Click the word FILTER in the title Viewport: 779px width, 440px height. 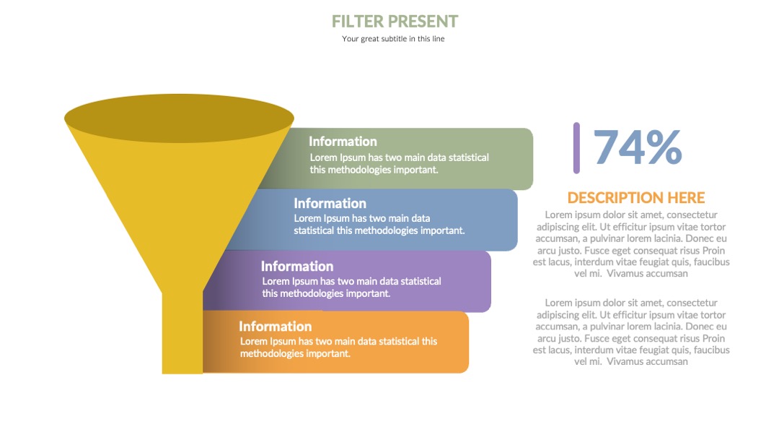pyautogui.click(x=358, y=22)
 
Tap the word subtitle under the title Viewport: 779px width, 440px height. pyautogui.click(x=394, y=39)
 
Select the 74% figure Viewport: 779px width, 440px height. pyautogui.click(x=638, y=147)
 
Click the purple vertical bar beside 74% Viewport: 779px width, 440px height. pyautogui.click(x=576, y=148)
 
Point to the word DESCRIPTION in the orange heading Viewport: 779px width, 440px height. pyautogui.click(x=615, y=197)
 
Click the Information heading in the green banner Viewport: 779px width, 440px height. pyautogui.click(x=343, y=142)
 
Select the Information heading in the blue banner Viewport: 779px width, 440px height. pyautogui.click(x=330, y=203)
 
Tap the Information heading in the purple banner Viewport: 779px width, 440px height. pyautogui.click(x=297, y=266)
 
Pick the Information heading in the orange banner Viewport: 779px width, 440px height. pyautogui.click(x=276, y=326)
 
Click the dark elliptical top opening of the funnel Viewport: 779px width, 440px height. pyautogui.click(x=180, y=118)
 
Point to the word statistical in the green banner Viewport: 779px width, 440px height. pyautogui.click(x=469, y=158)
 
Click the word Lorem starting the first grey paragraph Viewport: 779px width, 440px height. pyautogui.click(x=558, y=215)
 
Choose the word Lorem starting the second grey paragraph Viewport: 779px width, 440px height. pyautogui.click(x=558, y=303)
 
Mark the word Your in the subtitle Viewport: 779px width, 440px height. pyautogui.click(x=351, y=39)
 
